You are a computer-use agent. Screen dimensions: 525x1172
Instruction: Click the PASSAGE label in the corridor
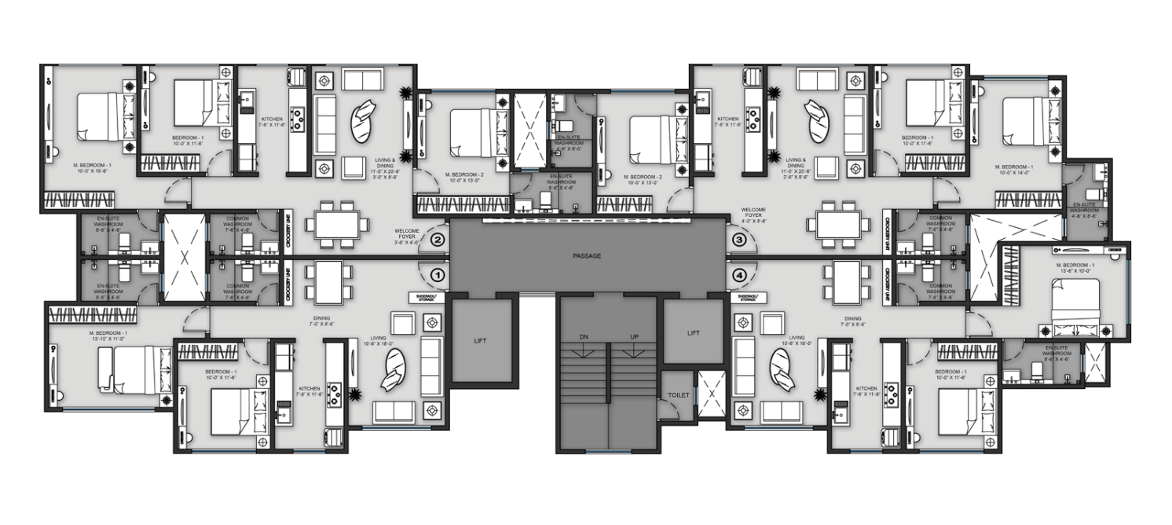[587, 256]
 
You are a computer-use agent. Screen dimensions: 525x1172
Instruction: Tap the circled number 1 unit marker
[438, 275]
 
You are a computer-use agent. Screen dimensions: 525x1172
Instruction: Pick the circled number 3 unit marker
[738, 240]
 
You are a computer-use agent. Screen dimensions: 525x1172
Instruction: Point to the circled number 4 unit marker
[738, 275]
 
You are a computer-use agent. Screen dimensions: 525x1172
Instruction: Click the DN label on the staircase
[584, 336]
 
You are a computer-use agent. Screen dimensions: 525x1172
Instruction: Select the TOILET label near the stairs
[678, 395]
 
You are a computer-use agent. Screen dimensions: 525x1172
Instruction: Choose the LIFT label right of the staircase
[693, 333]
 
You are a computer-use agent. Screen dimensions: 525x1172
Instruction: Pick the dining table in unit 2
[337, 224]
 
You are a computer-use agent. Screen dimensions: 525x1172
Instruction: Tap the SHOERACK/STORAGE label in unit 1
[427, 299]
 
